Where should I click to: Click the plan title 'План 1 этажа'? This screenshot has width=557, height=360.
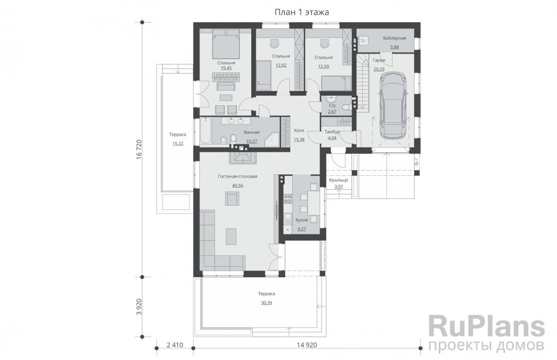[302, 12]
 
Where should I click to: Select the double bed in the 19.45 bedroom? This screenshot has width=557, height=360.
[226, 44]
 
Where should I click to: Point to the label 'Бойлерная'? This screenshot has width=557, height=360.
[394, 38]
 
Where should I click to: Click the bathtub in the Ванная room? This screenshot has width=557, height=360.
[206, 131]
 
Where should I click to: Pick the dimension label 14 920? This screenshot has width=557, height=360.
[307, 345]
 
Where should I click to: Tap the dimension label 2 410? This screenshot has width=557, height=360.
[174, 345]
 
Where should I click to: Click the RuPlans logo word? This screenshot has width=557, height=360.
[487, 327]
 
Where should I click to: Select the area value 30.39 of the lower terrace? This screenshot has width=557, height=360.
[266, 303]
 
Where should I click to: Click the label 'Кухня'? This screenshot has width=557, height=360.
[302, 220]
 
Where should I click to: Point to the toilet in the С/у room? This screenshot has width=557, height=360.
[345, 106]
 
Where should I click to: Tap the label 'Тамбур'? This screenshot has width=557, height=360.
[332, 132]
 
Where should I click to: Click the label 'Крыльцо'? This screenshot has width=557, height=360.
[339, 180]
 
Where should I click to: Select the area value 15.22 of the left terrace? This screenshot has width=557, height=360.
[178, 143]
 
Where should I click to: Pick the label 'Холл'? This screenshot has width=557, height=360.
[299, 131]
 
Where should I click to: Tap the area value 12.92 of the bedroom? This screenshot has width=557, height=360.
[281, 65]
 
